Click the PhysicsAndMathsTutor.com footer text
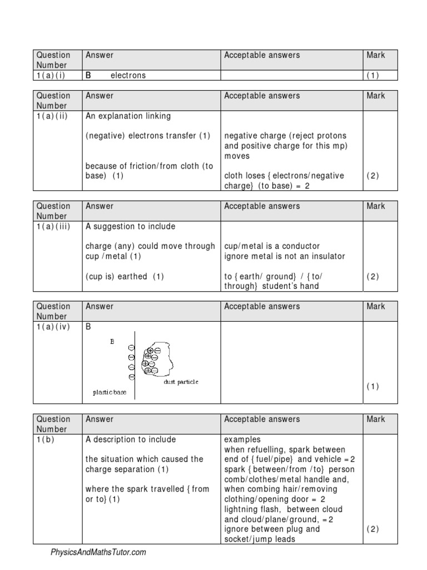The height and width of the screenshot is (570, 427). pyautogui.click(x=98, y=552)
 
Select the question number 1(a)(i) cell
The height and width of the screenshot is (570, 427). pyautogui.click(x=51, y=76)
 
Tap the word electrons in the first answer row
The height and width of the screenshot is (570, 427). pyautogui.click(x=128, y=76)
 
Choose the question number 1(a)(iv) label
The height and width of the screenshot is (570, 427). pyautogui.click(x=53, y=327)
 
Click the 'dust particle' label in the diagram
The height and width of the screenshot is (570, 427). pyautogui.click(x=180, y=382)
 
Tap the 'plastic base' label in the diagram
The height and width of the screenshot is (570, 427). pyautogui.click(x=110, y=392)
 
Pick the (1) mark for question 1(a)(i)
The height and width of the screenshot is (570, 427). pyautogui.click(x=372, y=76)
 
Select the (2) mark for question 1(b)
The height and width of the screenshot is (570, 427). pyautogui.click(x=372, y=529)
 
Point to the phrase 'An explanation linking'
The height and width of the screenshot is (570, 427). pyautogui.click(x=128, y=116)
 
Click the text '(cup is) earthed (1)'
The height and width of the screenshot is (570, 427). pyautogui.click(x=125, y=277)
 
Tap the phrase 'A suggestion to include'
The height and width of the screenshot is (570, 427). pyautogui.click(x=130, y=227)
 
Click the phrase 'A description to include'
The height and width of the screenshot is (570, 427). pyautogui.click(x=131, y=440)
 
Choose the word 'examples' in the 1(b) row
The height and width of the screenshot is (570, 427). pyautogui.click(x=241, y=440)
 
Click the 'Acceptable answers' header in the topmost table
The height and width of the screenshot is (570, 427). pyautogui.click(x=261, y=55)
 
